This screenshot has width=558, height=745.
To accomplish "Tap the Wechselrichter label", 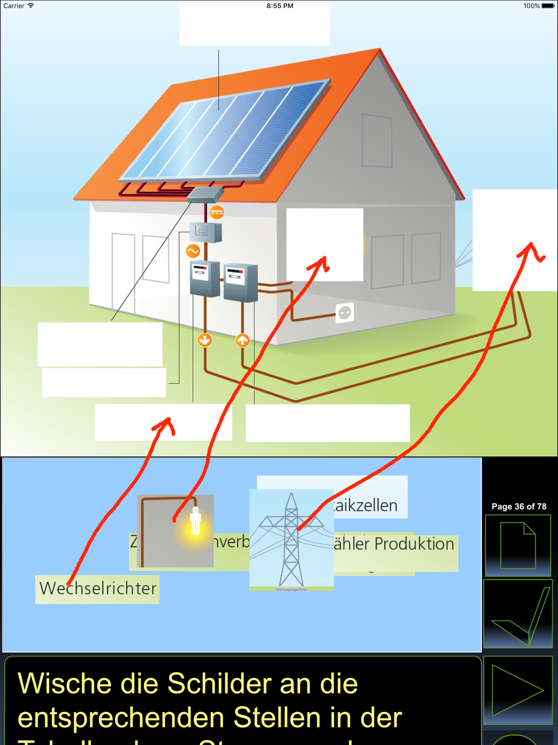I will pos(98,589).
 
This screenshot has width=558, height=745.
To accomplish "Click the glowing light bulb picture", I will pos(176,531).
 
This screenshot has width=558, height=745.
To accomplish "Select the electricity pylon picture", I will pos(291,539).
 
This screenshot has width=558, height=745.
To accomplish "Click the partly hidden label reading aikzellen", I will pos(368,505).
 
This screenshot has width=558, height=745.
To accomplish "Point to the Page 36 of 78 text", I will pos(519,507).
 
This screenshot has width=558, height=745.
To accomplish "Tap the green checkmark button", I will pos(517,614).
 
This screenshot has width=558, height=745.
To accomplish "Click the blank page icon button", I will pos(517,546).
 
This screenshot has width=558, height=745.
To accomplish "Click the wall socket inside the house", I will pos(345,313).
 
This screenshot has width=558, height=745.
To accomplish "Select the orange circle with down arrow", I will pos(205,340).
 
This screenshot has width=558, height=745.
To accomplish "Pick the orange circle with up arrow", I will pos(242,340).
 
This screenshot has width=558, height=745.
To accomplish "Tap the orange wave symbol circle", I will pos(193,251).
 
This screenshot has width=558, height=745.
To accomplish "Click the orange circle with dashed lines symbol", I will pos(217,212).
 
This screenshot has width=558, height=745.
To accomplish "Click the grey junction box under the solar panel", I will pos(205,194).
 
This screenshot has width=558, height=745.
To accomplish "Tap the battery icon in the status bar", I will pos(548,6).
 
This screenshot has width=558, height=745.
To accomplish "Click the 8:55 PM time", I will pos(280,6).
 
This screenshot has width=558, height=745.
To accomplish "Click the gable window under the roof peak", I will pos(377,141).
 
